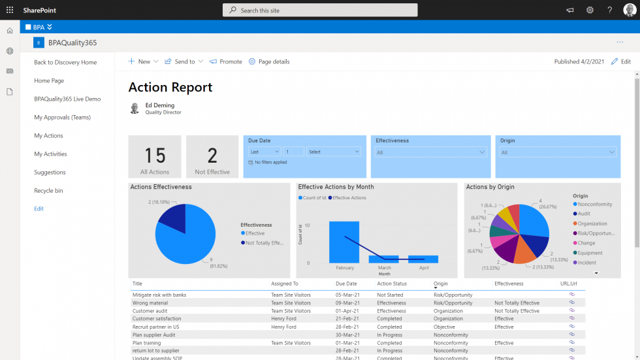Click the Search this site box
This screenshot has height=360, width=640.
(x=320, y=10)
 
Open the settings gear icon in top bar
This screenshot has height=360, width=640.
(x=590, y=10)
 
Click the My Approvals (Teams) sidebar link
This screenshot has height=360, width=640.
(x=62, y=118)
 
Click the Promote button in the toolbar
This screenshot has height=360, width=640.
(x=226, y=61)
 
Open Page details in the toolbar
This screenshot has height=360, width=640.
(x=269, y=61)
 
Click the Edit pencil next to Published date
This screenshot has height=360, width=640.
(x=621, y=61)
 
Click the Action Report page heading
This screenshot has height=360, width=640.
(x=170, y=88)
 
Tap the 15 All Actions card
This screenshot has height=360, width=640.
(x=155, y=157)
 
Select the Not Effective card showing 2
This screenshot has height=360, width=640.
(x=212, y=157)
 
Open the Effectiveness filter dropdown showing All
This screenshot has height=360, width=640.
(x=430, y=152)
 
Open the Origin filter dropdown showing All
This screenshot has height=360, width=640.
(x=558, y=152)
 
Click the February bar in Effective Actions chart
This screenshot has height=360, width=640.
(x=344, y=242)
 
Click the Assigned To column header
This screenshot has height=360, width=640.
(x=285, y=284)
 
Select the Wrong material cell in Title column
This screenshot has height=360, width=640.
(x=150, y=303)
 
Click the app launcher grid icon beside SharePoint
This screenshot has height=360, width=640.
(x=10, y=10)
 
